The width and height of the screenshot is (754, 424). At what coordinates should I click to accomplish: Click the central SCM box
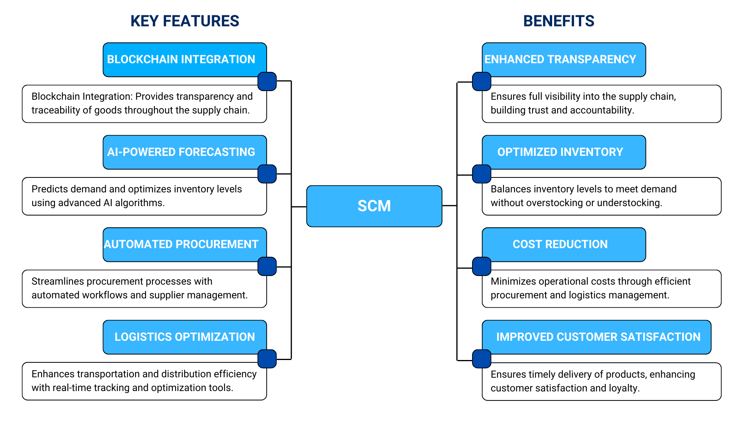point(374,206)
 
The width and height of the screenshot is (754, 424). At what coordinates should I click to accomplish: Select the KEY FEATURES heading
point(185,21)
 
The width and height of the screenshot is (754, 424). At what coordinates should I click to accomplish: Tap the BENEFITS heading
point(558,21)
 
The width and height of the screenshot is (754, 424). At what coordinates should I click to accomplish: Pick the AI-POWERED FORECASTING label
point(181,152)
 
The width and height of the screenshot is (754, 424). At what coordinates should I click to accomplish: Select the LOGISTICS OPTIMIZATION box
point(185,337)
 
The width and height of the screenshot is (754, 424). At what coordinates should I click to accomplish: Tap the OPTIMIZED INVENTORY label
point(560,152)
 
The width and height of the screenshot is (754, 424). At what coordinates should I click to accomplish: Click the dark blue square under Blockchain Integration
point(267,82)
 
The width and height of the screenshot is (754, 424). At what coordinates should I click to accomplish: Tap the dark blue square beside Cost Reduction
point(481,267)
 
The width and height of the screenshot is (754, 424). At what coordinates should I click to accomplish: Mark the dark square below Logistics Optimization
point(267,359)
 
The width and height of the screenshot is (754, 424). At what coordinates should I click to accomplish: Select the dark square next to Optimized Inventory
point(481,174)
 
